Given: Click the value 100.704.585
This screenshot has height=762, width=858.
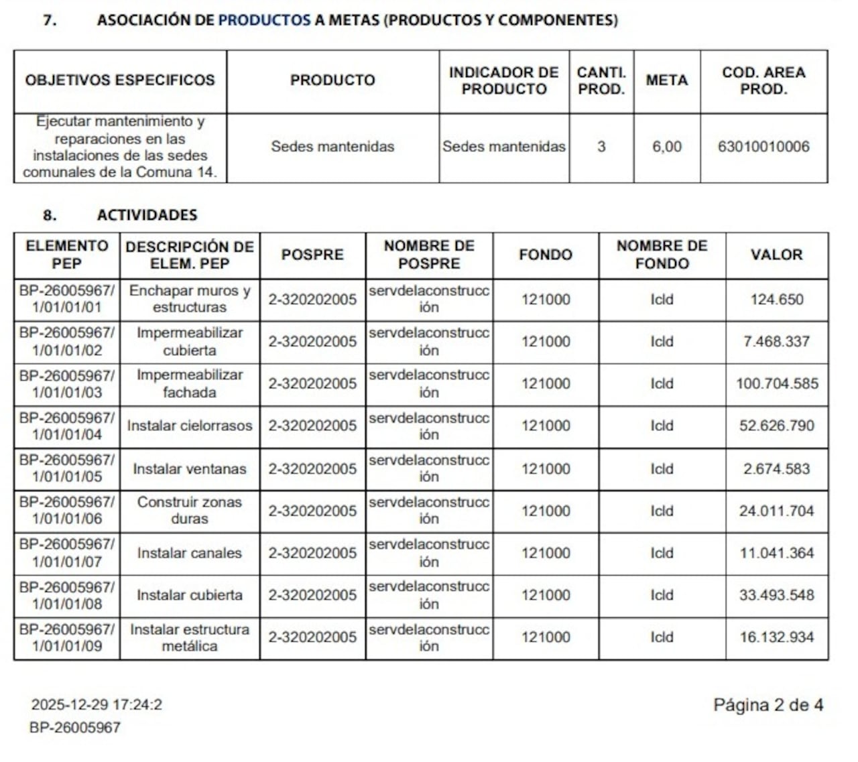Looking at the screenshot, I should [777, 384].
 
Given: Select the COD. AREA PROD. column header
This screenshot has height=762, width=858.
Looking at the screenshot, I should [763, 80].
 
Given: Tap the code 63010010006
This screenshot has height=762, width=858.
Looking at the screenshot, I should [763, 147].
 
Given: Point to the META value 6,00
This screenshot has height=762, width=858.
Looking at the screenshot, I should [667, 147].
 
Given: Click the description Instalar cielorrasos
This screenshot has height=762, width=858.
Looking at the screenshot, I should [190, 426].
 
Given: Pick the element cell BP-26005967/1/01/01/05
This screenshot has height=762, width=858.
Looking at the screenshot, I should [66, 468].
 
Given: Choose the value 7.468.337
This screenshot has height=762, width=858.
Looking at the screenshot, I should [777, 342].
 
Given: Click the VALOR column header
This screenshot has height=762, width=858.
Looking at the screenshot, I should [776, 255].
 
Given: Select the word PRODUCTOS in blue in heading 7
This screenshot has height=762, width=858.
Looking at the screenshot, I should [264, 20].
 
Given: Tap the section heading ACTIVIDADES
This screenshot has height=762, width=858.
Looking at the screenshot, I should [147, 215].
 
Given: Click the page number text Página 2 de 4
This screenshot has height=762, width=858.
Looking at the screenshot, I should [768, 705].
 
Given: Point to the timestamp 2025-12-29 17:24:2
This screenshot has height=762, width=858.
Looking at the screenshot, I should [97, 705].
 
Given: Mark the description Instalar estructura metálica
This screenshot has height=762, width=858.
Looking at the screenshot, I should [190, 638].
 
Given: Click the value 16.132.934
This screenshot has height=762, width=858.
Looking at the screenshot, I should [777, 637].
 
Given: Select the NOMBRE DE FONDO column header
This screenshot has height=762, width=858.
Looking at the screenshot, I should [662, 255].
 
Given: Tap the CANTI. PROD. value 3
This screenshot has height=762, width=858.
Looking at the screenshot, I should [601, 147].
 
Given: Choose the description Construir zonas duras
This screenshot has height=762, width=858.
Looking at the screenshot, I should [190, 511].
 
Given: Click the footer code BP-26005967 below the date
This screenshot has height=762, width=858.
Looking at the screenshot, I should [75, 728].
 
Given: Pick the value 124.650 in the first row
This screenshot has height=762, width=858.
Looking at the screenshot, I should [777, 300].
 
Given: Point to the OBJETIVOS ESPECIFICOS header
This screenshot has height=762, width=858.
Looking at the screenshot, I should [120, 80].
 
